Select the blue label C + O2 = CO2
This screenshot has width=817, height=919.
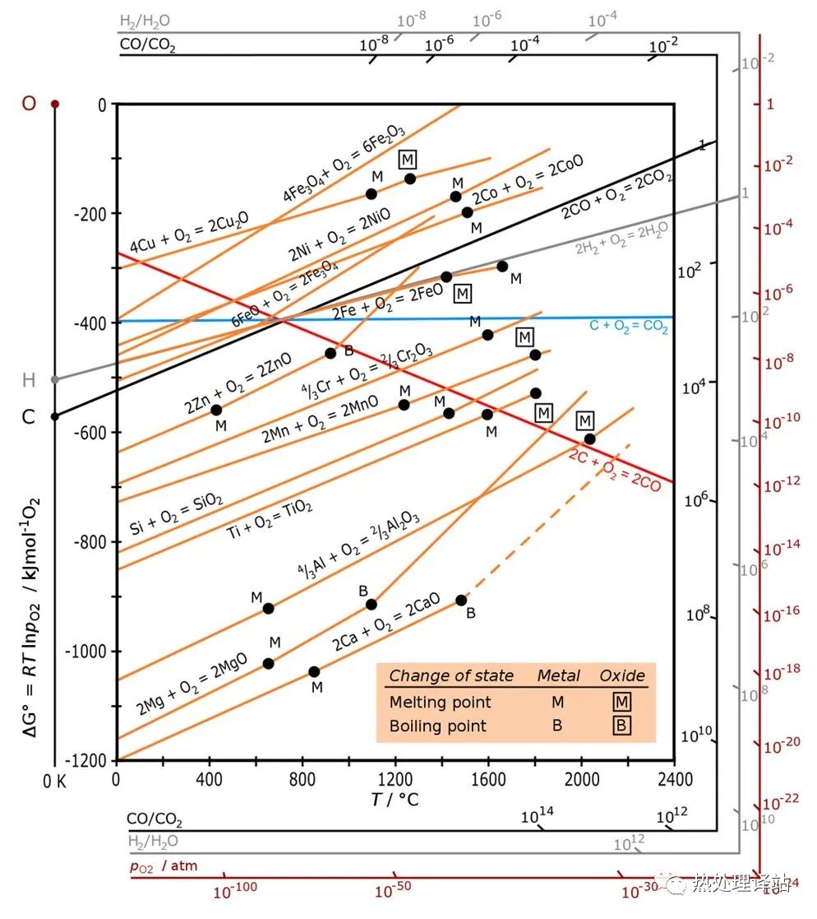coord(629,327)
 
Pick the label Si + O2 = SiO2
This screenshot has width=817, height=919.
coord(177,515)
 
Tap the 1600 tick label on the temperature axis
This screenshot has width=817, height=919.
coord(488,777)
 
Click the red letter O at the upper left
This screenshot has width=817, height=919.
coord(29,104)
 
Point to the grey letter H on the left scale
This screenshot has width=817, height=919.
coord(29,379)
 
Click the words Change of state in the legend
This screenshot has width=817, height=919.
coord(451,675)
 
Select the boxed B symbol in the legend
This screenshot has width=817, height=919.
coord(622,726)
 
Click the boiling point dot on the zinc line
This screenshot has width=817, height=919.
coord(330,353)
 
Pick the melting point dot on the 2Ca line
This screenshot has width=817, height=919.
coord(314,671)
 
